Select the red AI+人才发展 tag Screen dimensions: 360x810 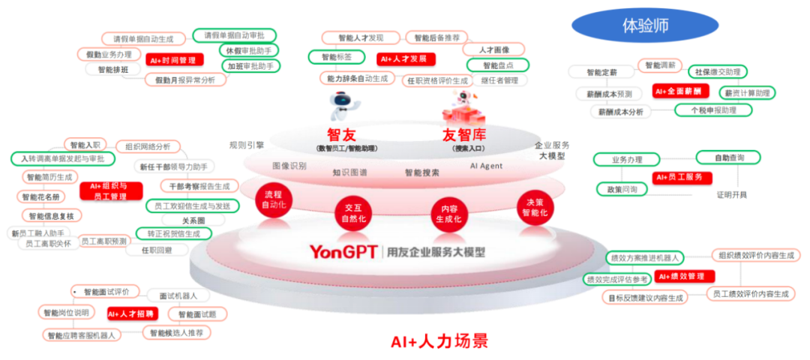coord(406,58)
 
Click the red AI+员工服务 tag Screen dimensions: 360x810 coord(682,177)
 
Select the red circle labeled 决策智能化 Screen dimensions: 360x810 coord(535,207)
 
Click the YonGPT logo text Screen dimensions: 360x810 coord(343,252)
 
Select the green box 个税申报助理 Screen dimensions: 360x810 coord(703,110)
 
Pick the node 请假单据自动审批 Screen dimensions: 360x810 coord(234,34)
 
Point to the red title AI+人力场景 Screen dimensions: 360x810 coord(439,342)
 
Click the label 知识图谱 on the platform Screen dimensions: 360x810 coord(349,172)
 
